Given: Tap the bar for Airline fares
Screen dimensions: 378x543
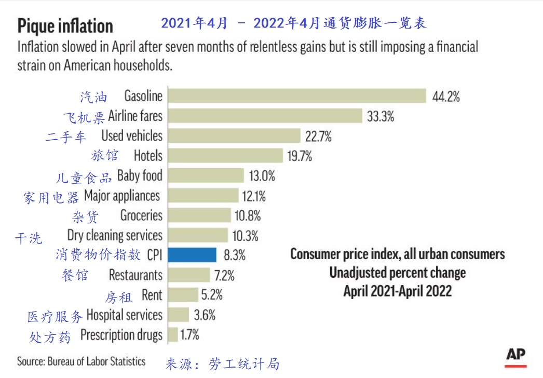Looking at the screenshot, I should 265,116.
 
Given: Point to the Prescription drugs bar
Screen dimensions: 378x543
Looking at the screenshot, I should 172,335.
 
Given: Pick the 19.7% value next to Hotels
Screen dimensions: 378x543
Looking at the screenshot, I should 299,156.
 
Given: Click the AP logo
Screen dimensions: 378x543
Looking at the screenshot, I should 515,355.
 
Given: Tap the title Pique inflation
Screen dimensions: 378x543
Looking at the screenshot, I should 65,25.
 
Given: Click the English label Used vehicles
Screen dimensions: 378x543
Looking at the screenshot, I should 132,136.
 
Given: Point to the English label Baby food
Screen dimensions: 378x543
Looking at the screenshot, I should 140,176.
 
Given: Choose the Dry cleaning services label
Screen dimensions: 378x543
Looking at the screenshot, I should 115,235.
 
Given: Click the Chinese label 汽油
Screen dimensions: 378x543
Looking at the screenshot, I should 93,97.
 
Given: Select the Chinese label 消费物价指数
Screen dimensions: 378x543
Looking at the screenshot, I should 98,255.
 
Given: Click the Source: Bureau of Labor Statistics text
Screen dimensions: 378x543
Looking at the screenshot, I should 82,361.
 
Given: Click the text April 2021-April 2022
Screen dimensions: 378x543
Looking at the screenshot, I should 397,291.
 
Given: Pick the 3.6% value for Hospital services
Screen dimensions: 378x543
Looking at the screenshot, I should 205,315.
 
